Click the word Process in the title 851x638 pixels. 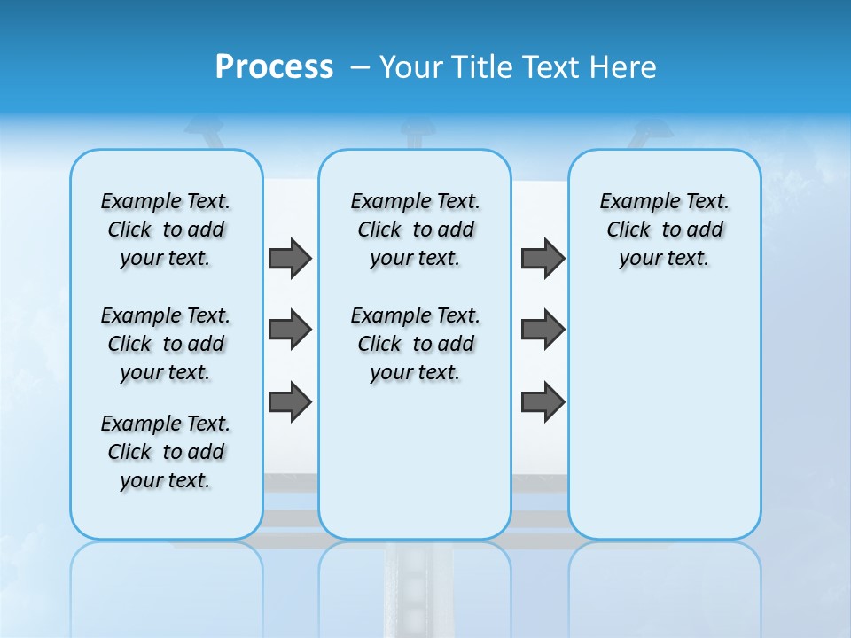click(274, 66)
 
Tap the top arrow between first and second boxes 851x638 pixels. click(290, 258)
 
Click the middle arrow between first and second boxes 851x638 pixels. click(290, 330)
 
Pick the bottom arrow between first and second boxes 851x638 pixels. click(290, 401)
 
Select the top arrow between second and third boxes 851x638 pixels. click(543, 258)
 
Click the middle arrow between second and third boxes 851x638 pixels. click(543, 330)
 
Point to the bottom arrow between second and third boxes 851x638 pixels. click(543, 401)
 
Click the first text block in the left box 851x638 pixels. click(166, 230)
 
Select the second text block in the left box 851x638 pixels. click(166, 344)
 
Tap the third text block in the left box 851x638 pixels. click(166, 452)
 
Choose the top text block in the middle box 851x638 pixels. click(415, 230)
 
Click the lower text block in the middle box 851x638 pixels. click(415, 344)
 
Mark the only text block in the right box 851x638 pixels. click(664, 230)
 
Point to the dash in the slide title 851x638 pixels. click(360, 66)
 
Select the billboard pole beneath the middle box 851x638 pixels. click(415, 585)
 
